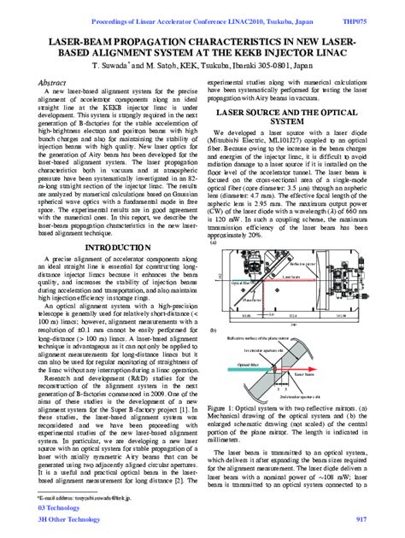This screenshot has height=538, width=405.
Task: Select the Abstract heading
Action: [x=53, y=82]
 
